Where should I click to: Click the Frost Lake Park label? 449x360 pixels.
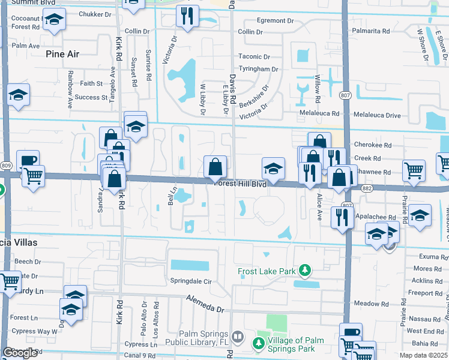[x=267, y=271]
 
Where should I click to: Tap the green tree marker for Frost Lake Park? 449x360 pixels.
[x=306, y=271]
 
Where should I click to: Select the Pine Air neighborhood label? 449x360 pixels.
[x=62, y=53]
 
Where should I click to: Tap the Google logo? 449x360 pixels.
[x=20, y=353]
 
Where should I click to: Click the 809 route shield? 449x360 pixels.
[x=7, y=166]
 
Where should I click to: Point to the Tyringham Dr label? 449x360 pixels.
[x=259, y=69]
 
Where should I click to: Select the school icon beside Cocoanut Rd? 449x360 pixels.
[x=54, y=21]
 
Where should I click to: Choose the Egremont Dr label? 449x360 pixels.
[x=274, y=20]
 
